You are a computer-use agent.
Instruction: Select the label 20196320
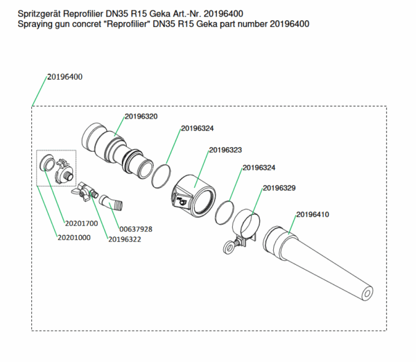tap(141, 117)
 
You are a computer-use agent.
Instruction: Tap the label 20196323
tap(225, 150)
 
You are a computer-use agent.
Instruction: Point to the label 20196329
tap(279, 189)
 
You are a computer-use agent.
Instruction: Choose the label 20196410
tap(313, 214)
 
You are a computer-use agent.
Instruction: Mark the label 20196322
tap(125, 239)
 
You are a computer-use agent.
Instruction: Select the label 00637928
tap(136, 229)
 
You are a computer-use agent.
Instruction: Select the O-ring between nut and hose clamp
tap(223, 208)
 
